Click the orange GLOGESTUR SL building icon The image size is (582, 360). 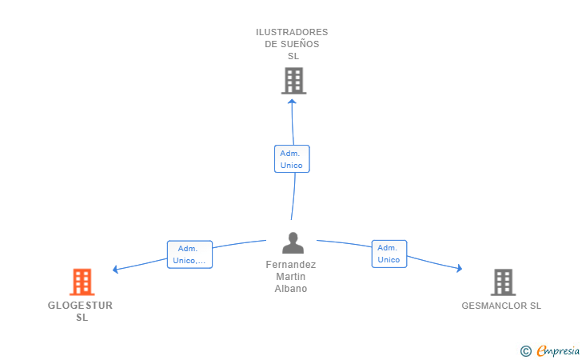[82, 282]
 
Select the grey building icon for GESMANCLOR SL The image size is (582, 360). [503, 282]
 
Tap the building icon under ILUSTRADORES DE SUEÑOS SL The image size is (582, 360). [293, 80]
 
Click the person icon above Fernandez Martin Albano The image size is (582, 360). [293, 242]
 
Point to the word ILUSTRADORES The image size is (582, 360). [292, 32]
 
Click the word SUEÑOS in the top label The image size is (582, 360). [301, 44]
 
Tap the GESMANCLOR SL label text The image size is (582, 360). [501, 306]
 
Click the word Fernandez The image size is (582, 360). [291, 265]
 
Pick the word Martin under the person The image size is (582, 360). [291, 277]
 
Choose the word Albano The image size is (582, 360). [291, 289]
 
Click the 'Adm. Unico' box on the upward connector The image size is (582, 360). [291, 158]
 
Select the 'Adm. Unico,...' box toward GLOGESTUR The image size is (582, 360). [189, 254]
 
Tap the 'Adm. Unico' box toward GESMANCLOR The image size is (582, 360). [389, 254]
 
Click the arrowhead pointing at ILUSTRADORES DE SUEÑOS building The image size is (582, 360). [292, 102]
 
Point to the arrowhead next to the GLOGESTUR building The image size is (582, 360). [116, 269]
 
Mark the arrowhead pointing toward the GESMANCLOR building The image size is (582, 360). [459, 269]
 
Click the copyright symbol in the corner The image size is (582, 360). [525, 350]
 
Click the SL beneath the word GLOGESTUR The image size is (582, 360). [82, 318]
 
